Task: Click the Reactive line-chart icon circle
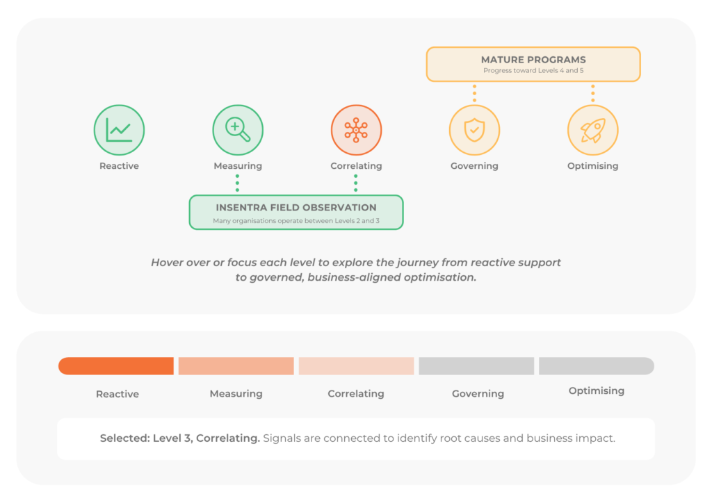point(119,130)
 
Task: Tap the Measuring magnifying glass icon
point(238,130)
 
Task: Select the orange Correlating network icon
point(356,130)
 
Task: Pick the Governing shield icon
point(474,130)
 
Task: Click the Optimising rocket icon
point(593,130)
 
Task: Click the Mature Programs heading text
point(533,60)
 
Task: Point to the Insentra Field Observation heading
point(296,207)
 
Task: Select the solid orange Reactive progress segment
point(116,366)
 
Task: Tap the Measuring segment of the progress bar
point(236,366)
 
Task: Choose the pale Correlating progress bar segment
point(357,366)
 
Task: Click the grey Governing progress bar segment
point(476,366)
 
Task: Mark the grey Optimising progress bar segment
point(597,366)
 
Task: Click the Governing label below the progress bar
point(478,394)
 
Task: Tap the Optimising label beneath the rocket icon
point(592,166)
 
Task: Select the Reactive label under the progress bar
point(117,394)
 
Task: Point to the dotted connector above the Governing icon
point(474,93)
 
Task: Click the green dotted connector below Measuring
point(238,183)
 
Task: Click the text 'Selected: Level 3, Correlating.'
point(180,438)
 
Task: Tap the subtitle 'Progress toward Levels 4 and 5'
point(533,71)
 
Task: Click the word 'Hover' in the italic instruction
point(165,263)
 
